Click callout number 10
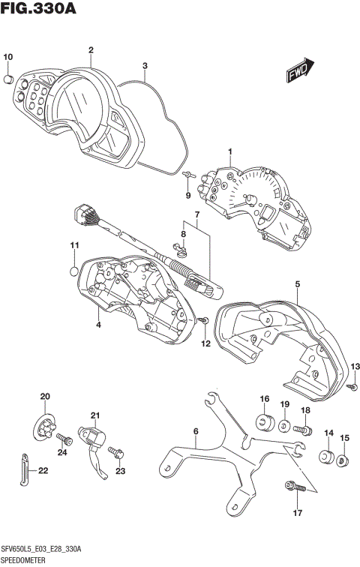[x=8, y=57]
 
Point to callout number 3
[x=145, y=65]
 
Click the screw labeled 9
[x=187, y=174]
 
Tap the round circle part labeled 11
[x=74, y=271]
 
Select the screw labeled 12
[x=204, y=321]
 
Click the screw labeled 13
[x=351, y=385]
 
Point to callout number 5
[x=297, y=283]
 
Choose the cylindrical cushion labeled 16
[x=264, y=424]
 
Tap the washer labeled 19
[x=285, y=427]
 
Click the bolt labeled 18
[x=303, y=430]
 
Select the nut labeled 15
[x=343, y=460]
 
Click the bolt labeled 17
[x=292, y=487]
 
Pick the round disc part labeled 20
[x=46, y=427]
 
